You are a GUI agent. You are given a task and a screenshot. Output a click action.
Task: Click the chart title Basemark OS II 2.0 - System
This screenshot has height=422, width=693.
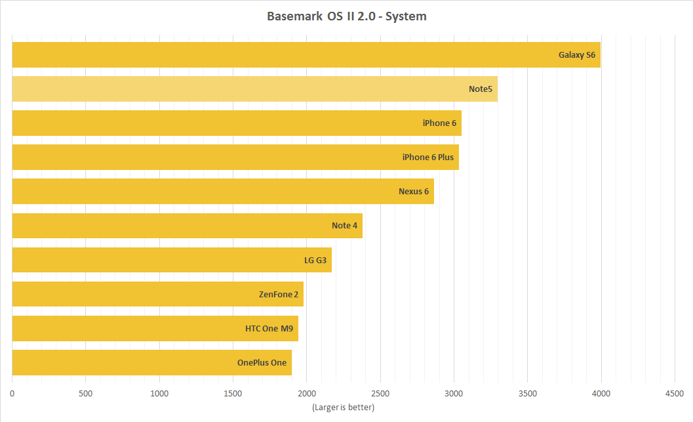(x=346, y=16)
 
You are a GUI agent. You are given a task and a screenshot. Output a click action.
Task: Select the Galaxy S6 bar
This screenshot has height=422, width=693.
(x=306, y=55)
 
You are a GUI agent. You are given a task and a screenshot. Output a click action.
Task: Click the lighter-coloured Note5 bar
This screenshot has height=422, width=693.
(x=255, y=89)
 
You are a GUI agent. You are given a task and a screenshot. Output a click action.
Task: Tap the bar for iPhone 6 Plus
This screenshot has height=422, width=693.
(x=235, y=157)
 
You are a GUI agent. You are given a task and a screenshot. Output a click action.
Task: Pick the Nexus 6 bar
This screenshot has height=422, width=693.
(x=223, y=191)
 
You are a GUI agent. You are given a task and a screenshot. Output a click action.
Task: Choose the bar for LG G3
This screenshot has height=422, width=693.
(x=172, y=260)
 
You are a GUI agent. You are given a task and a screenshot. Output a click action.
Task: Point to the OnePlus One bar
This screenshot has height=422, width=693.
(x=152, y=363)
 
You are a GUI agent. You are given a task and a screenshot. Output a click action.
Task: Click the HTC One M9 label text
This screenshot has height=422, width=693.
(x=269, y=329)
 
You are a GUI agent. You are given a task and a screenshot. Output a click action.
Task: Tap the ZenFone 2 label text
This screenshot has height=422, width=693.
(x=279, y=294)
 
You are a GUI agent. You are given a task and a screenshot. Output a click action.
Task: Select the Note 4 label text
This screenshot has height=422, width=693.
(x=345, y=226)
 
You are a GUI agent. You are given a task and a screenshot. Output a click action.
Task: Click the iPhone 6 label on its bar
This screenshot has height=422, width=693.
(x=439, y=123)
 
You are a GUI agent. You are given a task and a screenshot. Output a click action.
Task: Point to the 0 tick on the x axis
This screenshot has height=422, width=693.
(x=12, y=394)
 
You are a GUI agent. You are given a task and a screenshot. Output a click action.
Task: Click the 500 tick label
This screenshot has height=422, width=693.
(x=86, y=394)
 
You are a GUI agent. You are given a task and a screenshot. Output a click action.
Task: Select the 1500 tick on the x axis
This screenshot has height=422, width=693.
(x=233, y=394)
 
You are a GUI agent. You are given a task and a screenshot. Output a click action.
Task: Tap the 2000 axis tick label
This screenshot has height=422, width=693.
(x=307, y=394)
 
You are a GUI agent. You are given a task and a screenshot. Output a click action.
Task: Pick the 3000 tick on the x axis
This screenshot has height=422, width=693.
(x=454, y=394)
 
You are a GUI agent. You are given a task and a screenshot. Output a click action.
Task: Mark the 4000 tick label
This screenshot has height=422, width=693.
(x=601, y=394)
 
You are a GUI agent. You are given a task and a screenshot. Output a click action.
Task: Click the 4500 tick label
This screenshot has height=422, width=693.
(x=675, y=394)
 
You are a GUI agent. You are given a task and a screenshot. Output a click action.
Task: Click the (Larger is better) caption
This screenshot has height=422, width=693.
(x=344, y=408)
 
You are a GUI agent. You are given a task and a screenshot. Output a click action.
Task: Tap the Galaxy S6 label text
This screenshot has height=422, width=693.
(x=577, y=55)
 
